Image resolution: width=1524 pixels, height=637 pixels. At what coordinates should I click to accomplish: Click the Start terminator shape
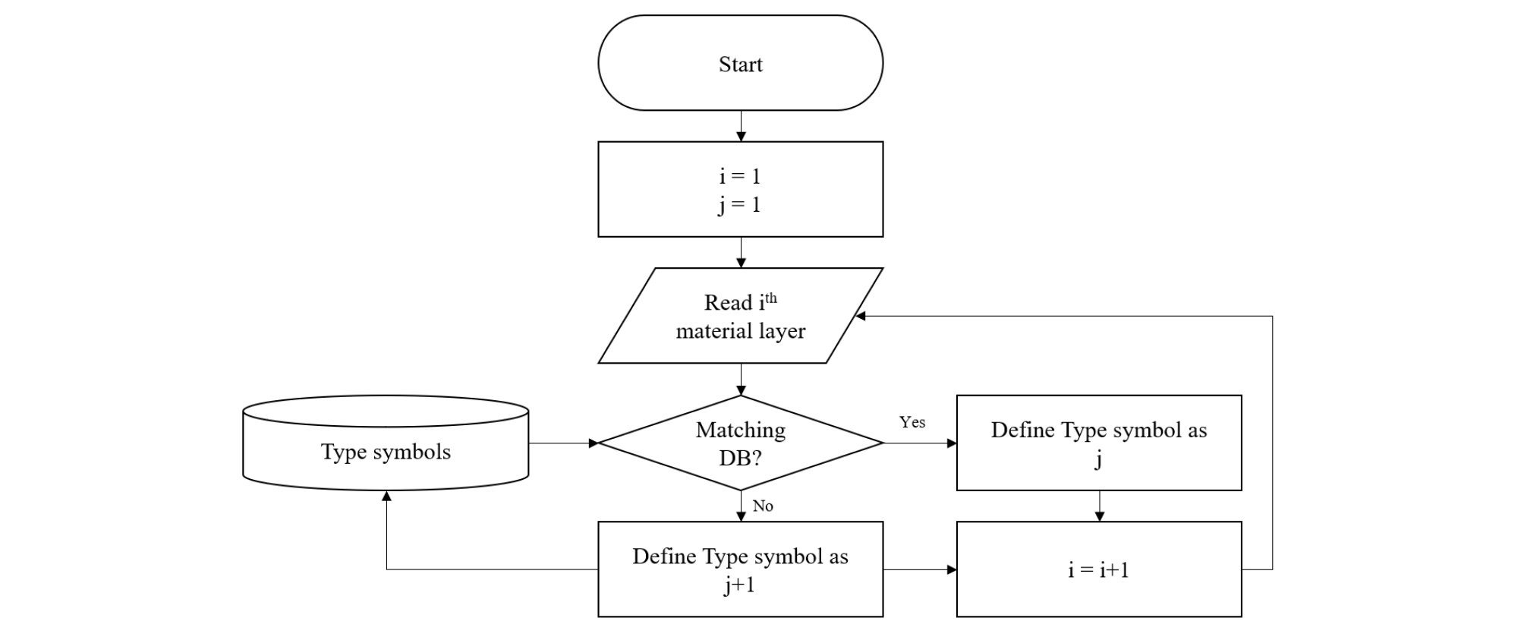pos(740,63)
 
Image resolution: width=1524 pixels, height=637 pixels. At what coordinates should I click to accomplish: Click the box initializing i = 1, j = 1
pos(740,189)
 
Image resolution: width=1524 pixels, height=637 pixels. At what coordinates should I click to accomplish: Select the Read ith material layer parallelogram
pos(740,316)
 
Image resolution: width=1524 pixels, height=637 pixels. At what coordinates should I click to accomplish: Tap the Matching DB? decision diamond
pos(740,443)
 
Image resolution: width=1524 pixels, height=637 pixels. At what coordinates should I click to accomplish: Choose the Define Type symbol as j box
pos(1098,443)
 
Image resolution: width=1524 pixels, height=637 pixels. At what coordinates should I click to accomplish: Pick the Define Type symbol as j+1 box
pos(740,569)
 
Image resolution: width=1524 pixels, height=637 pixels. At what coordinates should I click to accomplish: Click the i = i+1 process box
pos(1098,569)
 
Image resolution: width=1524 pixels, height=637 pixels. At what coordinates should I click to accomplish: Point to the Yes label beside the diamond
pos(912,422)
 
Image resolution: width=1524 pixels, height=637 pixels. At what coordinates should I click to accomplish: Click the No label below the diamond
pos(763,506)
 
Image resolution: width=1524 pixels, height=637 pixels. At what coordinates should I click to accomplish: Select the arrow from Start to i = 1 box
pos(741,126)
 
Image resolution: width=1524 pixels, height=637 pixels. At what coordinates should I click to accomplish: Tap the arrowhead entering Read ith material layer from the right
pos(861,316)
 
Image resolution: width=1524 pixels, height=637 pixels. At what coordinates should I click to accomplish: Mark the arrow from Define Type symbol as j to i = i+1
pos(1099,506)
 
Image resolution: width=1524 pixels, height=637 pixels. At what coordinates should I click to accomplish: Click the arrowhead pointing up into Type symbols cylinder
pos(386,497)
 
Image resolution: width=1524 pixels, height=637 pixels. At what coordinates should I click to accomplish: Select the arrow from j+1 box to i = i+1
pos(920,569)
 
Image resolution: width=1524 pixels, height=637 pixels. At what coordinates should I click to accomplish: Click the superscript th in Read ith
pos(771,298)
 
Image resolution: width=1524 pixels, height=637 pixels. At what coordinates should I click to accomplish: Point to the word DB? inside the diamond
pos(740,459)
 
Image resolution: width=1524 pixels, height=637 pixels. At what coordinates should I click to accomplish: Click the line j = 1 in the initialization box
pos(740,205)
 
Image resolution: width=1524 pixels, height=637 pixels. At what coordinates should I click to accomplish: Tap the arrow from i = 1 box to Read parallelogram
pos(741,253)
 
